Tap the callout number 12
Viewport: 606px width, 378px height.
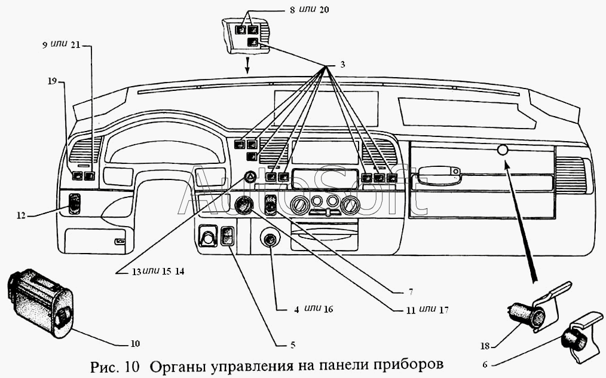21,215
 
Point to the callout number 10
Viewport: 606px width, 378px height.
135,343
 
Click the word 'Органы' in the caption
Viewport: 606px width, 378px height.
176,365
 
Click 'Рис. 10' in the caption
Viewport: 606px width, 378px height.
116,365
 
